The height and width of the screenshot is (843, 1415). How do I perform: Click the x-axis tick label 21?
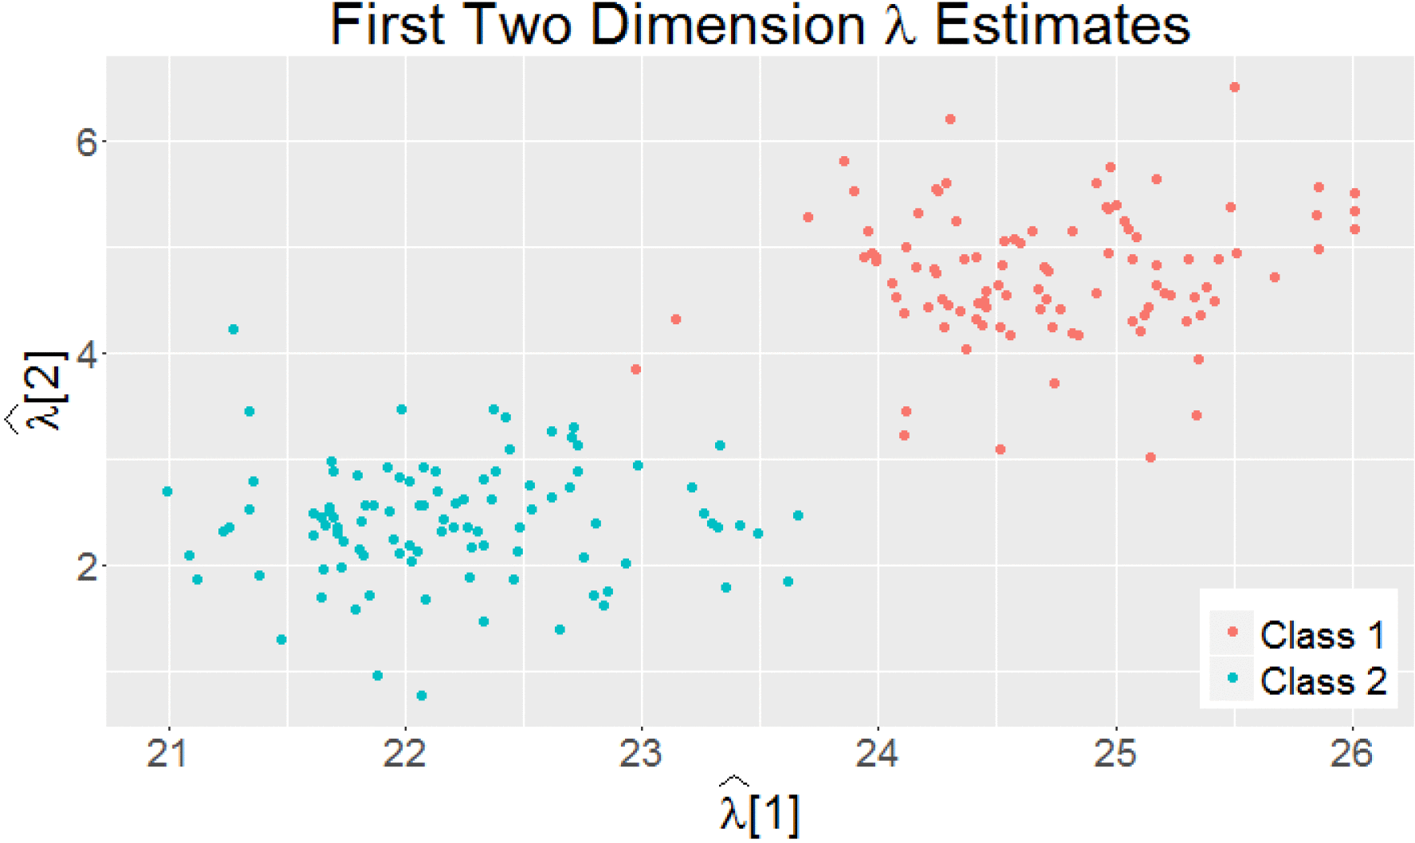click(167, 754)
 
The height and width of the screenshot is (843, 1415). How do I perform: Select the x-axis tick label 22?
click(404, 754)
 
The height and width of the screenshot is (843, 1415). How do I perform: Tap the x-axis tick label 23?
click(641, 754)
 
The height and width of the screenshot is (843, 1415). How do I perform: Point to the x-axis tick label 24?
click(878, 754)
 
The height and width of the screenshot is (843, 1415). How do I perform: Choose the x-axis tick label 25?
click(1115, 754)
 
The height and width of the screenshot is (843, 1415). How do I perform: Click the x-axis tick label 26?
click(1352, 754)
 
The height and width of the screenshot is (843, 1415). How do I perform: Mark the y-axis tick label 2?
click(86, 567)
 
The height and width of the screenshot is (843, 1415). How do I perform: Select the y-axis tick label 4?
click(86, 355)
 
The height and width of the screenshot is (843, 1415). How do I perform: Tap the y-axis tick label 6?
click(86, 143)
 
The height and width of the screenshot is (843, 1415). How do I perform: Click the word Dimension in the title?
click(727, 25)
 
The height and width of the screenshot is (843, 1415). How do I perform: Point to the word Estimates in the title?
click(1062, 25)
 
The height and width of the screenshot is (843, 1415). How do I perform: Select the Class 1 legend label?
click(1323, 635)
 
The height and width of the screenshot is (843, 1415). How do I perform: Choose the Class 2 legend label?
click(1323, 681)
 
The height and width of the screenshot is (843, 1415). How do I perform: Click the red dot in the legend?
click(1232, 632)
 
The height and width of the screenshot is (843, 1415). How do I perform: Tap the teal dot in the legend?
click(1232, 678)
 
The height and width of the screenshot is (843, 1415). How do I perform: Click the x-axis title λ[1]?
click(758, 810)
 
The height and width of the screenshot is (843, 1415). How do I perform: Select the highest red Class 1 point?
click(1234, 88)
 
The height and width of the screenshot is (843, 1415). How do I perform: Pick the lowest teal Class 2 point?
click(422, 696)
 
